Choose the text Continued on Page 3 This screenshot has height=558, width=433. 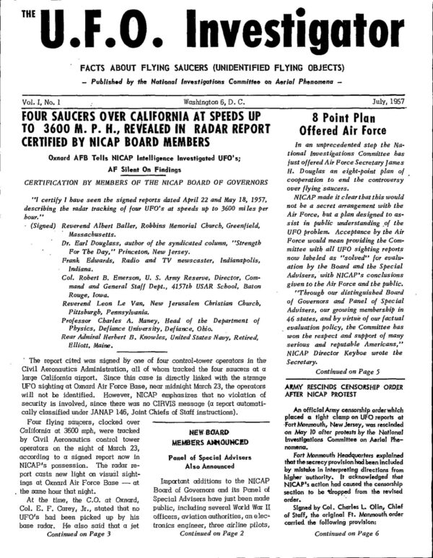(78, 554)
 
